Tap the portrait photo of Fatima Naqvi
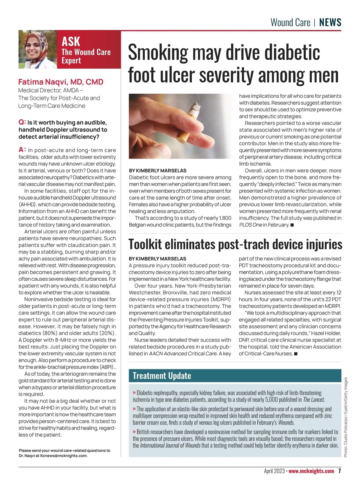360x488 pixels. pos(37,50)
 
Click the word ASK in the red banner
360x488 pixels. pos(71,41)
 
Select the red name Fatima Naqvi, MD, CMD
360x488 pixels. pos(61,82)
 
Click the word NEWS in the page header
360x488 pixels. pos(330,23)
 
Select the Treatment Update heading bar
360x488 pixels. pos(235,376)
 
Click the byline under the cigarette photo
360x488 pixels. pos(157,170)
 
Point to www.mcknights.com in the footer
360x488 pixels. pos(311,471)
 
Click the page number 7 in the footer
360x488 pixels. pos(339,471)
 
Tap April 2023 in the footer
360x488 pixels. pos(274,471)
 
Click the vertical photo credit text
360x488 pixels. pos(346,417)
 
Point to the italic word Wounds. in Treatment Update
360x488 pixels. pos(286,423)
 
